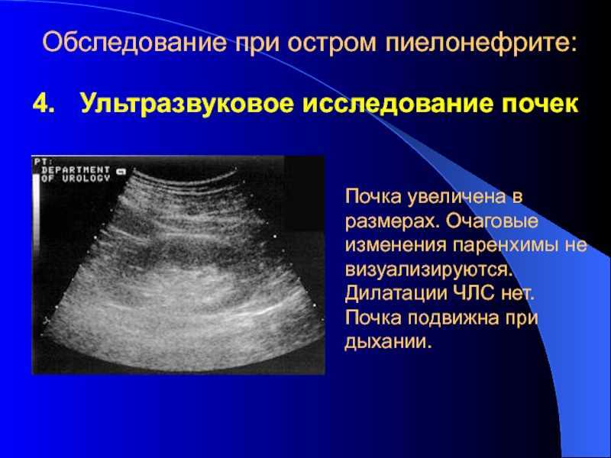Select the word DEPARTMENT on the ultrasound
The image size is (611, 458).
coord(76,170)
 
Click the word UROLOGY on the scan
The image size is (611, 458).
coord(86,179)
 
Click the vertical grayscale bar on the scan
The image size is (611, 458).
coord(36,214)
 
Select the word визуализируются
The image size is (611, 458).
coord(428,270)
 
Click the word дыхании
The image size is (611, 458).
coord(389,342)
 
